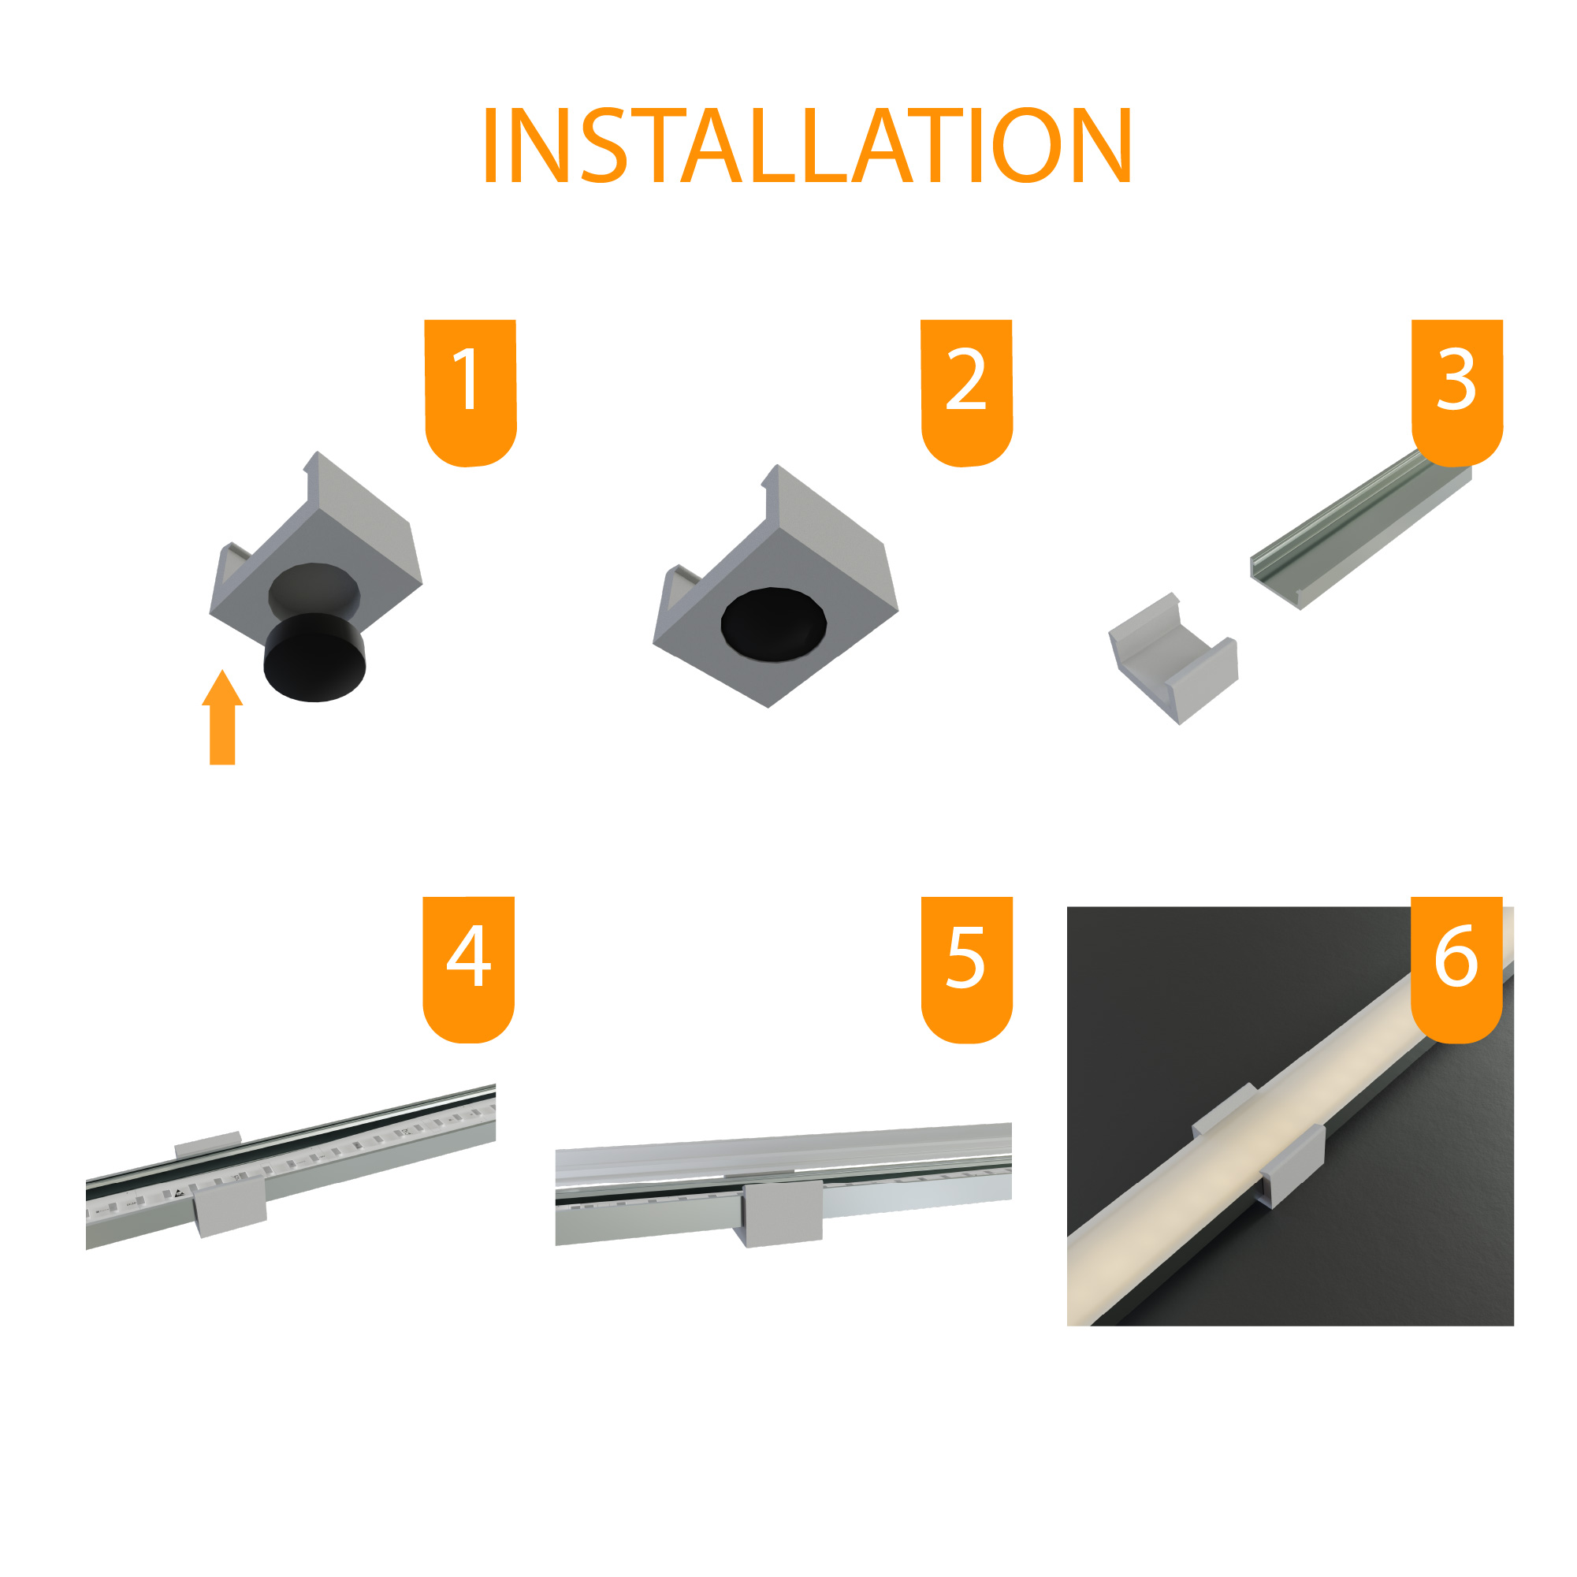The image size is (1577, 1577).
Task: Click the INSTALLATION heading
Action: tap(807, 145)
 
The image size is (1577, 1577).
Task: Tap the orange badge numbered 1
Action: tap(470, 392)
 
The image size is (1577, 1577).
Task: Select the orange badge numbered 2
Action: tap(966, 392)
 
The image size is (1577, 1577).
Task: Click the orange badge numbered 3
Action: tap(1457, 392)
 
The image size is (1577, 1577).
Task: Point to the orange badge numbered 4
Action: tap(468, 969)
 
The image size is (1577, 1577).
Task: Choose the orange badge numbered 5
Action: tap(966, 969)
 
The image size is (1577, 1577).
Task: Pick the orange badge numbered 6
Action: tap(1456, 969)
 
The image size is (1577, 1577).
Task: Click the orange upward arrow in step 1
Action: tap(222, 717)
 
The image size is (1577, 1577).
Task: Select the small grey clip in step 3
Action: tap(1173, 658)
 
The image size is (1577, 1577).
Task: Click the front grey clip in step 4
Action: tap(232, 1207)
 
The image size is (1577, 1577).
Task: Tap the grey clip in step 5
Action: tap(781, 1213)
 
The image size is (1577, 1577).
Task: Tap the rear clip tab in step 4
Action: tap(208, 1144)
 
